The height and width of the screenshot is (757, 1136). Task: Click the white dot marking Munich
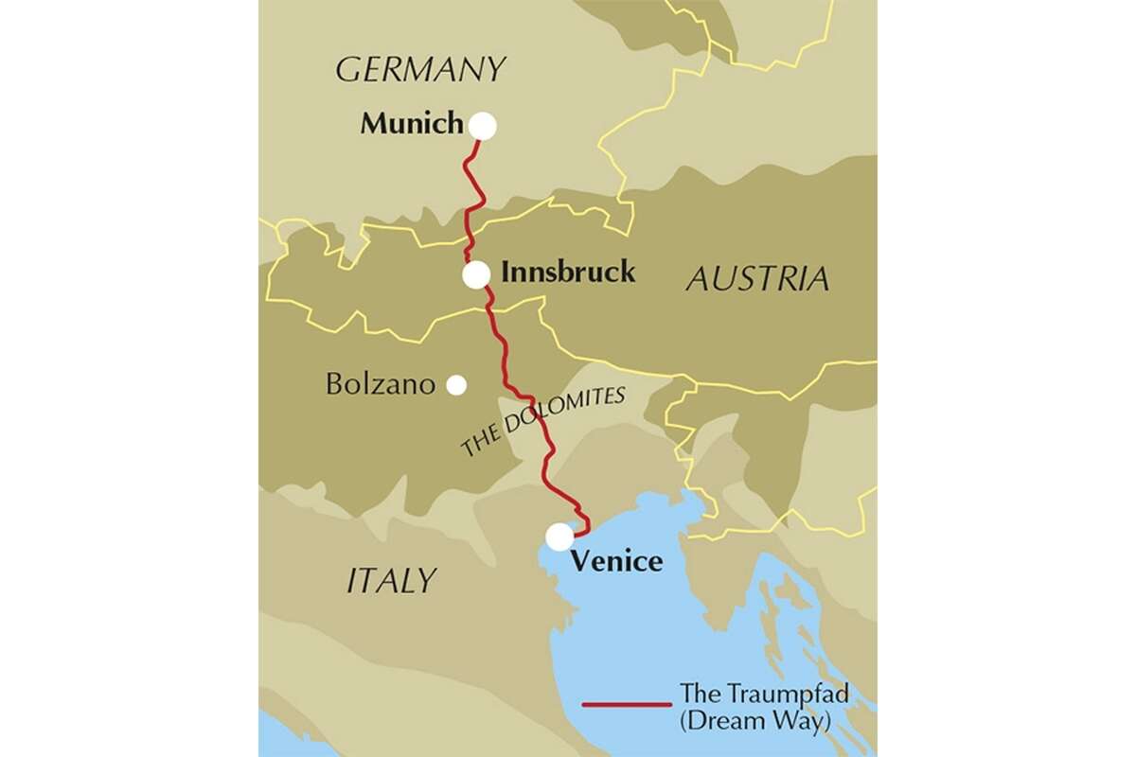(x=482, y=126)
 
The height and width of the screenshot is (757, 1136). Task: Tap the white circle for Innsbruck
(x=476, y=274)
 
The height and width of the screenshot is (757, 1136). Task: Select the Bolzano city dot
(x=456, y=384)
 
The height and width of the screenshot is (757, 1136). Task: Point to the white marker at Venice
(x=559, y=537)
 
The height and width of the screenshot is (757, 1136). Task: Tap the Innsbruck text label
(x=567, y=273)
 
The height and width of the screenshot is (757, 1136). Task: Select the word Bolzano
(x=380, y=385)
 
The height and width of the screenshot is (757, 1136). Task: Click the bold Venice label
(x=616, y=561)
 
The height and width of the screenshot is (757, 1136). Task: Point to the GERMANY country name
(x=421, y=69)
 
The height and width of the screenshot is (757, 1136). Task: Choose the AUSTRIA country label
(x=756, y=278)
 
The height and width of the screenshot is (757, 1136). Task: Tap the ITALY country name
(x=391, y=580)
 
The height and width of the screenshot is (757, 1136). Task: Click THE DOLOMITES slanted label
(x=543, y=422)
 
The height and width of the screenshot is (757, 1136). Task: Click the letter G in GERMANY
(x=348, y=69)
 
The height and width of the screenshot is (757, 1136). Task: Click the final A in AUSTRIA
(x=816, y=278)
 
